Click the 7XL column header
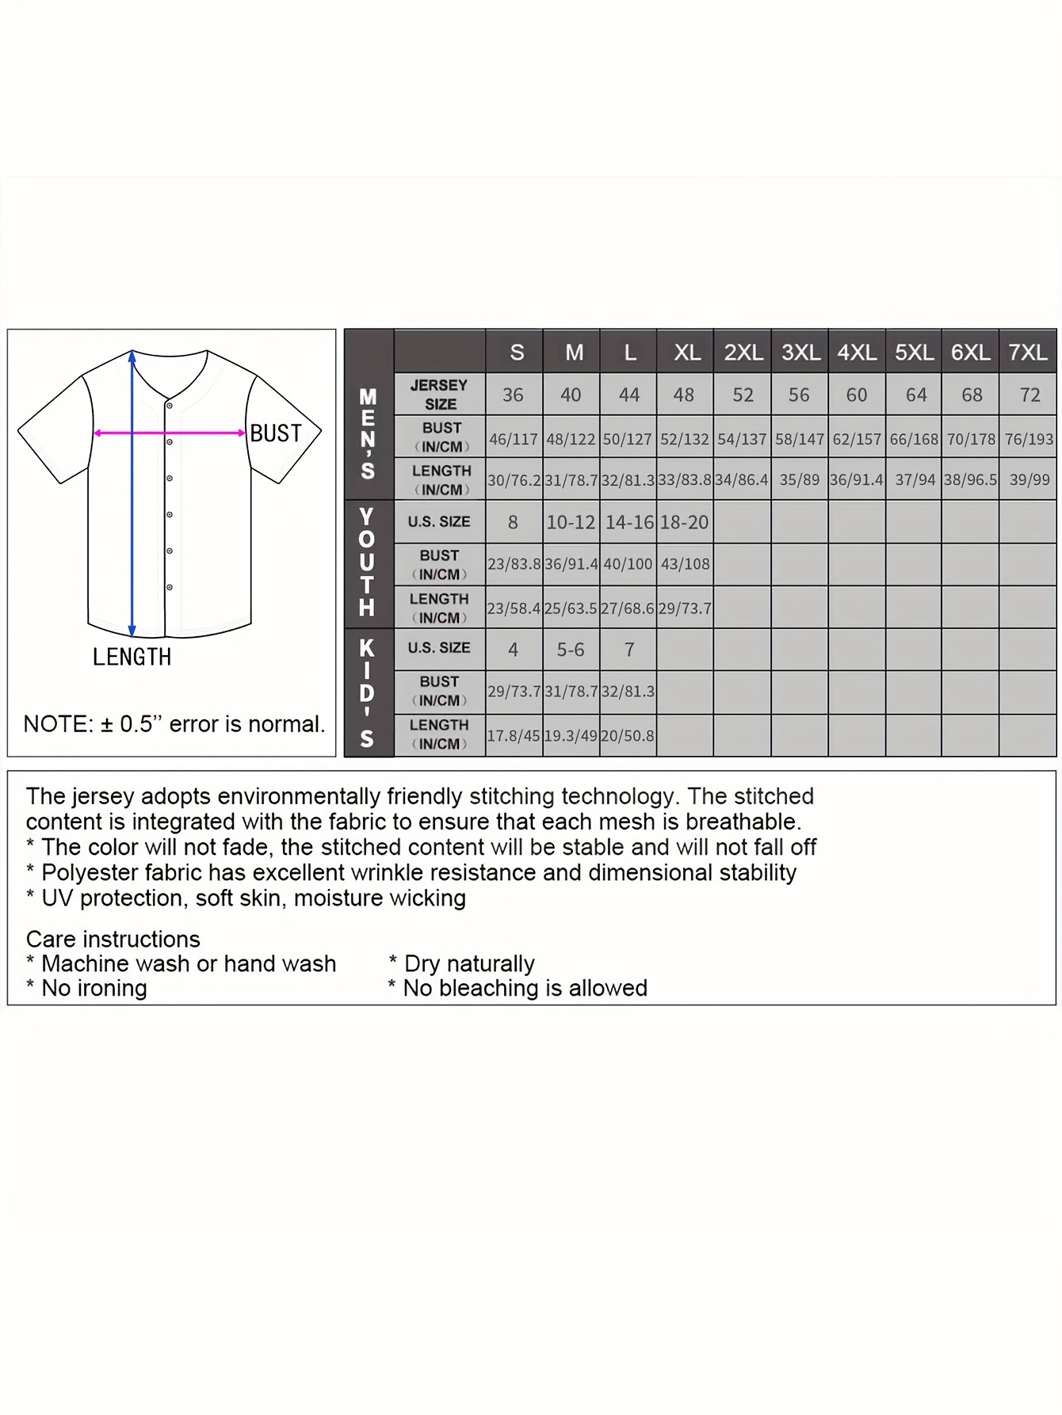point(1028,353)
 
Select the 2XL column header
point(743,353)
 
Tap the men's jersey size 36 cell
point(514,395)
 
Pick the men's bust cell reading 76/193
point(1029,439)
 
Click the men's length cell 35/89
point(799,480)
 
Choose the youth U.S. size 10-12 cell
point(571,523)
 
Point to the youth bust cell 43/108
point(685,564)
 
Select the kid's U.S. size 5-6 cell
point(571,650)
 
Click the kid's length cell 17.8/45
point(514,735)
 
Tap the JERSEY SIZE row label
point(440,395)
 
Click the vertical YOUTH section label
point(367,563)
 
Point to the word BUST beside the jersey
point(276,433)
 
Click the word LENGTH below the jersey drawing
point(132,657)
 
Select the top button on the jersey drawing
point(170,406)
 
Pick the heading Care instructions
point(113,939)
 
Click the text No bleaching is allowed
point(525,988)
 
